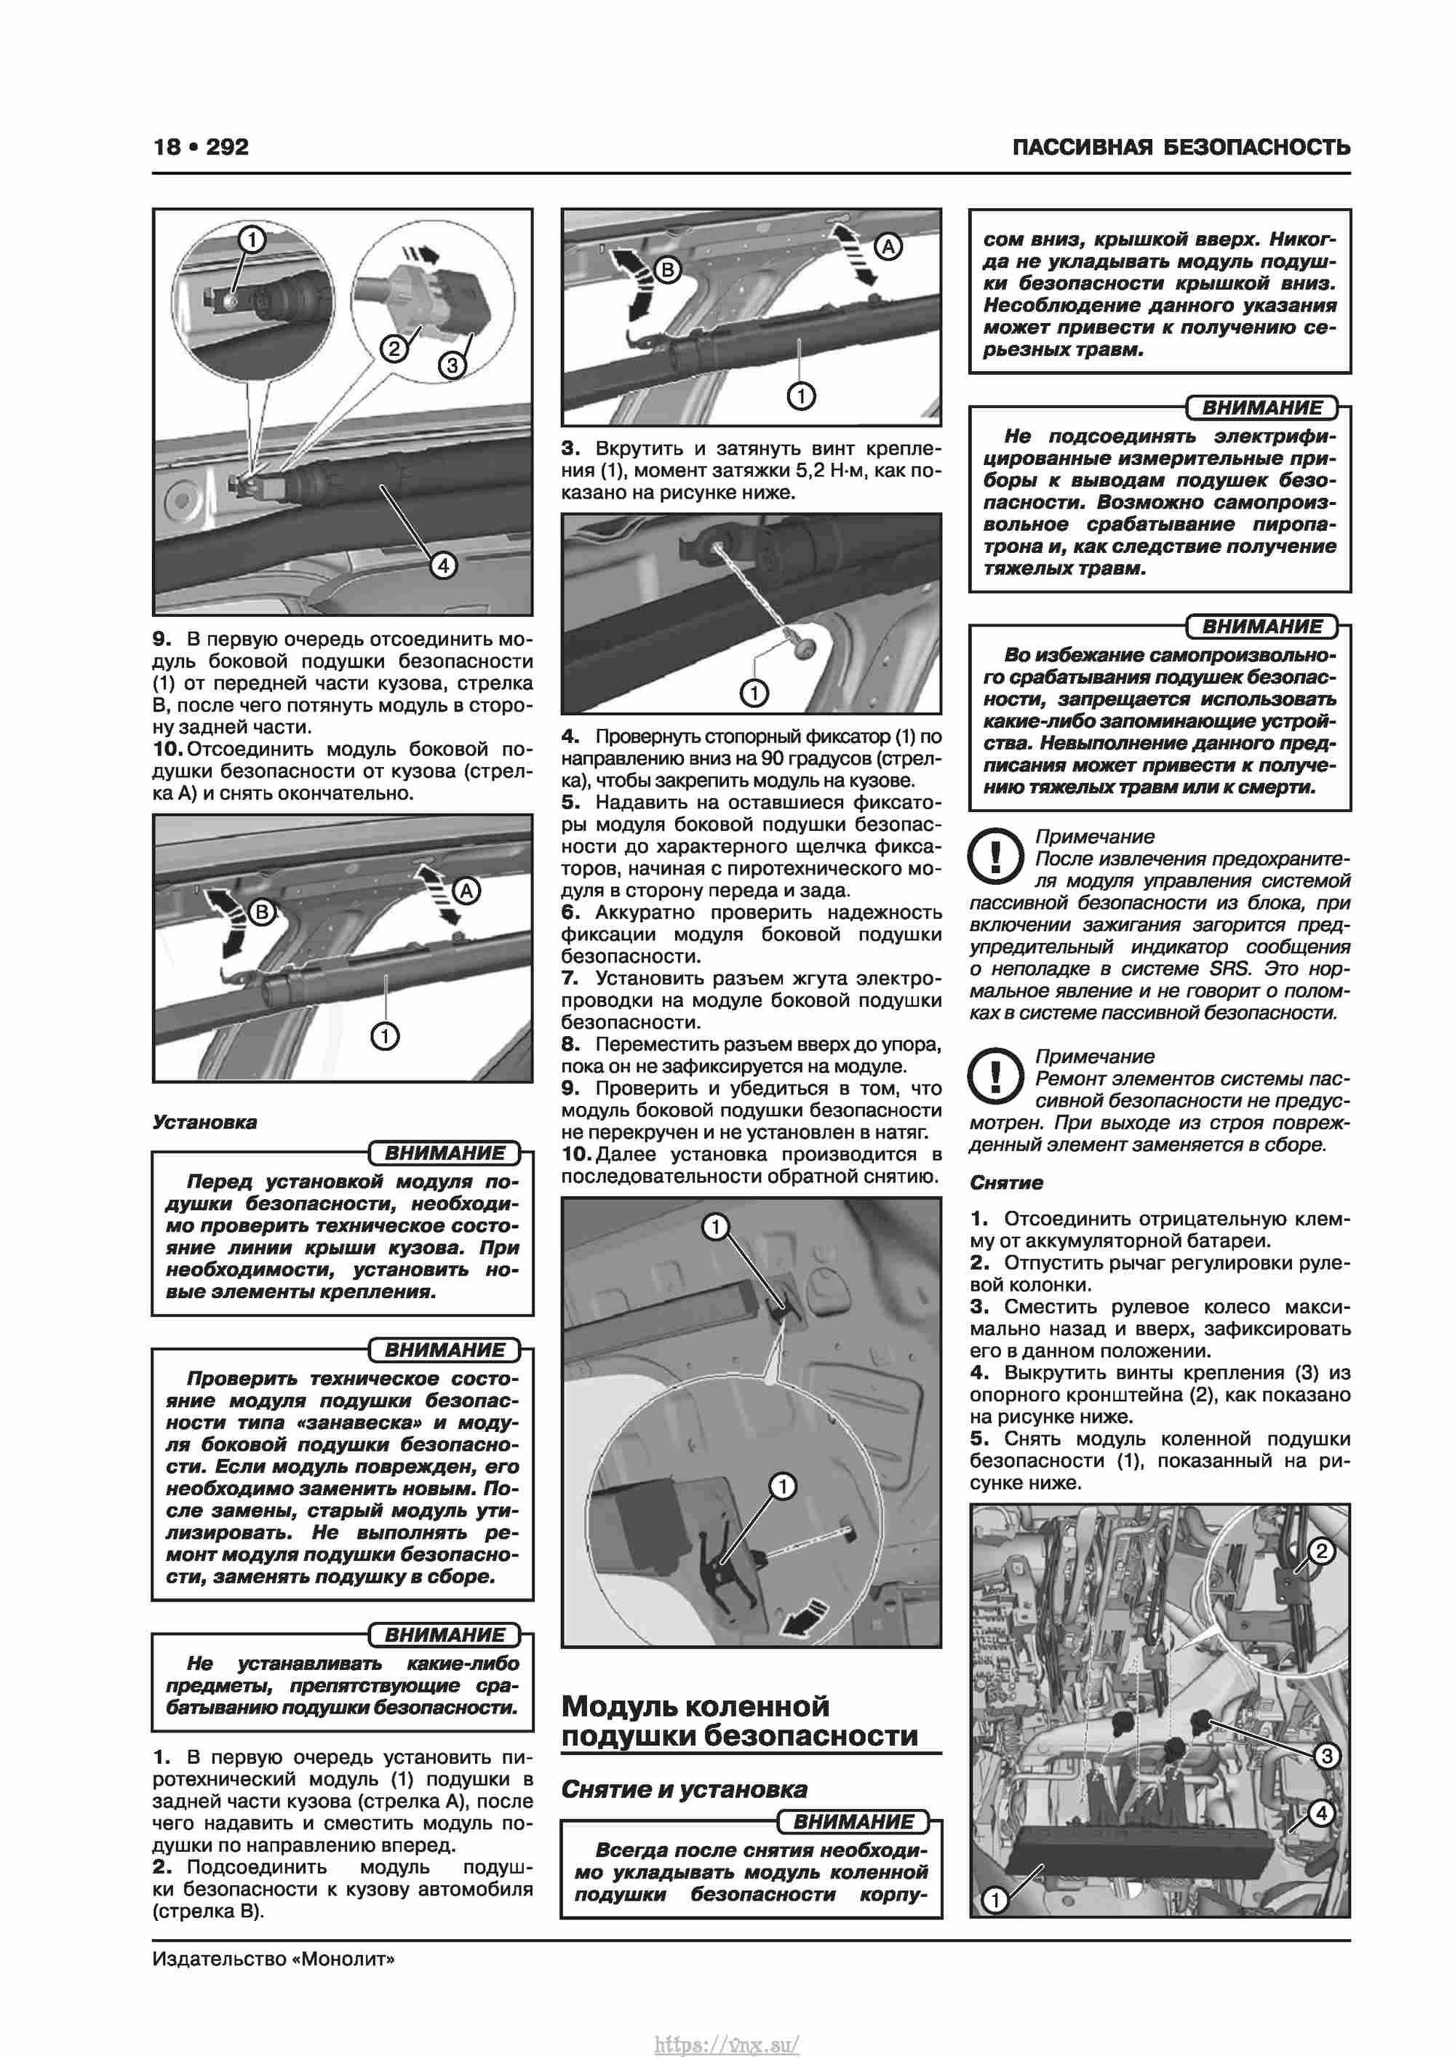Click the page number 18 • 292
coord(201,147)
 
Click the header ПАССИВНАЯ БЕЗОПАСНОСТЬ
coord(1181,147)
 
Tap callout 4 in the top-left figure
coord(442,565)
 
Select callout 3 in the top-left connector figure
coord(453,365)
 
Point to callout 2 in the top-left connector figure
coord(394,348)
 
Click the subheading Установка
coord(204,1123)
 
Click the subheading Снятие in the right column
coord(1006,1182)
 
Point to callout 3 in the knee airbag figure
coord(1327,1755)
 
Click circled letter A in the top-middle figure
coord(887,247)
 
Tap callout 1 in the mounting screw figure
coord(754,693)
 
